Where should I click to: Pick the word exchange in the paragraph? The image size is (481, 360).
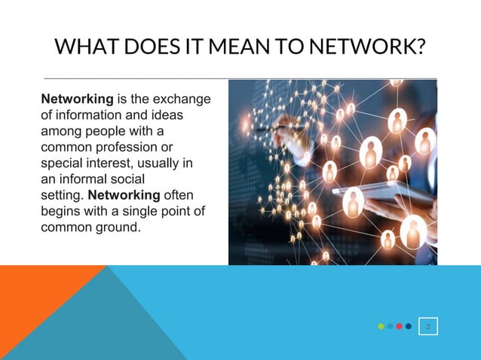click(182, 99)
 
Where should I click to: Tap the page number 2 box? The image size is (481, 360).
click(428, 326)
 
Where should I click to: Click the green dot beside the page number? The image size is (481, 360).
click(381, 326)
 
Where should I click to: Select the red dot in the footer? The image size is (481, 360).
click(399, 326)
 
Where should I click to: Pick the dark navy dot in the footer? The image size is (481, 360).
click(408, 326)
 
